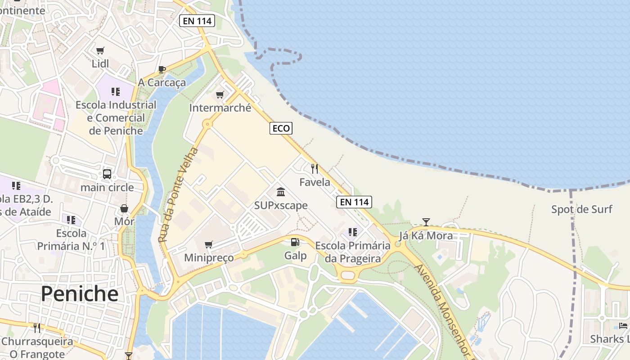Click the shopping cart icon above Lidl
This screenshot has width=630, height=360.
[x=100, y=50]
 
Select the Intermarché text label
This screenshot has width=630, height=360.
[x=220, y=108]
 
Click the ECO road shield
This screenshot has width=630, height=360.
[x=281, y=128]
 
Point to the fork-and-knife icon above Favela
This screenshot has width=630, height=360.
[x=315, y=169]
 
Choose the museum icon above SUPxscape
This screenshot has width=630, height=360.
[x=281, y=192]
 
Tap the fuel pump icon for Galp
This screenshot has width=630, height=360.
[x=295, y=242]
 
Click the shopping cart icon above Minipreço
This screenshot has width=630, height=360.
[x=208, y=244]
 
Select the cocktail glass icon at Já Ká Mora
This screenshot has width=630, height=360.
[x=426, y=222]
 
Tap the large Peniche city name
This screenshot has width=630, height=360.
[x=80, y=294]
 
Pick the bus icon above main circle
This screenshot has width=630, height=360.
[x=107, y=174]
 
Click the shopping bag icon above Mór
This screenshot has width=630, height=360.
[x=124, y=208]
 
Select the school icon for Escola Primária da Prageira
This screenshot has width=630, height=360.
[x=353, y=232]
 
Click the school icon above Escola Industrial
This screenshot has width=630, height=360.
[x=116, y=92]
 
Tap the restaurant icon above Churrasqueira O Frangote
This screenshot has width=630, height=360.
[x=37, y=328]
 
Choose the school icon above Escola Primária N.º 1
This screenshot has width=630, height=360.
[x=71, y=220]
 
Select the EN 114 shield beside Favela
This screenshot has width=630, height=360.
[x=355, y=202]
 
